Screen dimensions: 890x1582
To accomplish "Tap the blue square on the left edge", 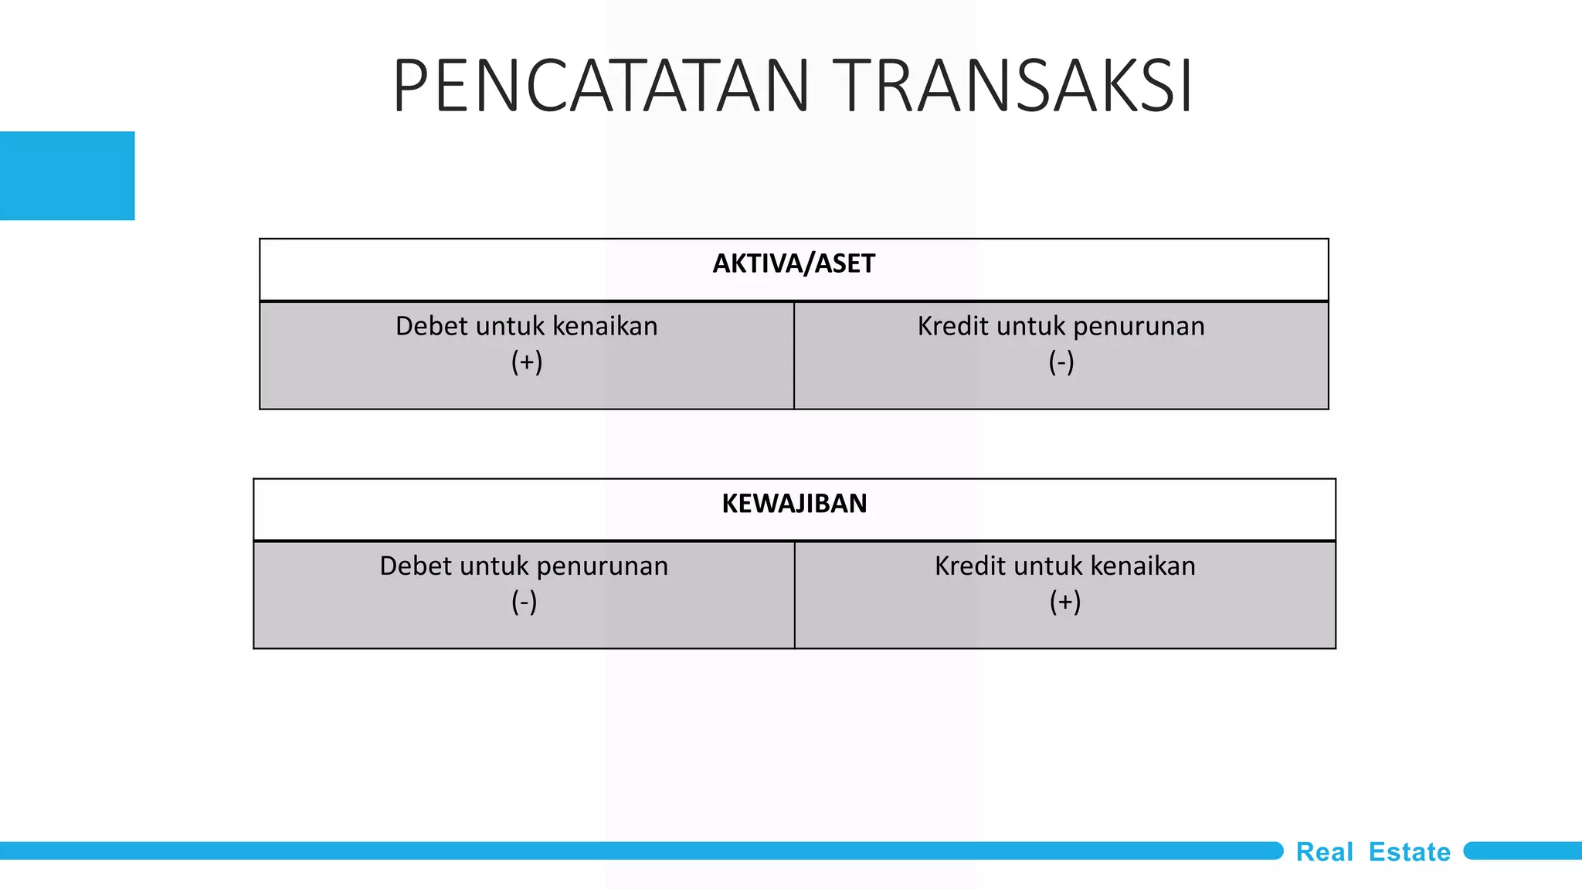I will [67, 175].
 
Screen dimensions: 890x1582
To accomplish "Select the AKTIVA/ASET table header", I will [793, 264].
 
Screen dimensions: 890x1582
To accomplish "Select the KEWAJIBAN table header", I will [794, 504].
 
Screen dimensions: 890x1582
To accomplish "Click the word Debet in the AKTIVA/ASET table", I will [431, 326].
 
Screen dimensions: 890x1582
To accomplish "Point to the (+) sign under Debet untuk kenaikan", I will [527, 362].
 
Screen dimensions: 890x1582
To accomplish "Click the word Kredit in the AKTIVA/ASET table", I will [953, 326].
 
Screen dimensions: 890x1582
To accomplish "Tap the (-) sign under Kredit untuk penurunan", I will [1061, 362].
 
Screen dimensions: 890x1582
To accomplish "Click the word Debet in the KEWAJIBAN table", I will [415, 566].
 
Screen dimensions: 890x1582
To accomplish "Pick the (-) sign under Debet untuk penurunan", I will [524, 602].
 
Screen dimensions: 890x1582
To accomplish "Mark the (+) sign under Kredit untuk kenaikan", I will [1065, 602].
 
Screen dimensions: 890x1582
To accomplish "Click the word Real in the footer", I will [1324, 852].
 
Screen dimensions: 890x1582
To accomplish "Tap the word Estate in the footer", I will [1410, 852].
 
